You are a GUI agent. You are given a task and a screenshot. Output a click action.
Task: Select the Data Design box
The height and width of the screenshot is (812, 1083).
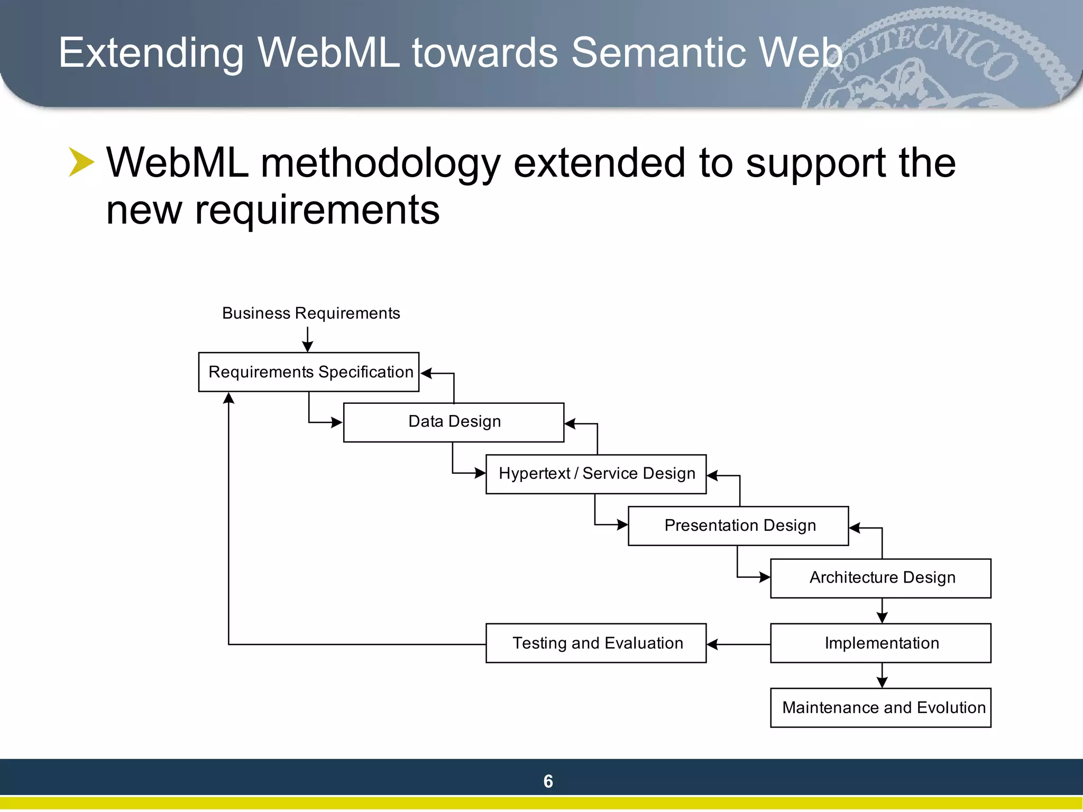pos(454,422)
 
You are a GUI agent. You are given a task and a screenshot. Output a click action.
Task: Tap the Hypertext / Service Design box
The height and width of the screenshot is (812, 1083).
pos(596,474)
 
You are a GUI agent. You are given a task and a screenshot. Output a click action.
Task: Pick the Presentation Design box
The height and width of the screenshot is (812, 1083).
pos(738,526)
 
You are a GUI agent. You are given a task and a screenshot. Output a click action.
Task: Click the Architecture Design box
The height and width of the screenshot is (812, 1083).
pos(880,578)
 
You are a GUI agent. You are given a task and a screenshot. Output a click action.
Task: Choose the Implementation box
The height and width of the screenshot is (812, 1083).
pos(880,643)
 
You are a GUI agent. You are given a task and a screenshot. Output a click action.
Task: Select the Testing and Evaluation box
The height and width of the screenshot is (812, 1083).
pos(596,643)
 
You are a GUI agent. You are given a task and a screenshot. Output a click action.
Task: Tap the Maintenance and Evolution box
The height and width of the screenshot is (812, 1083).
pos(880,708)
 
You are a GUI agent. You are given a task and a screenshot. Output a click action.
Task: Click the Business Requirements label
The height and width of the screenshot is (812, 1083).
pos(311,313)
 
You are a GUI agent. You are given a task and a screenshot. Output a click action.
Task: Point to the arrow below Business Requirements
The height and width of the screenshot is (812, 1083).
pos(308,339)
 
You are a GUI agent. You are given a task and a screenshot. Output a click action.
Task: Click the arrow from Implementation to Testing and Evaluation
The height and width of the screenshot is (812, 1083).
pos(738,644)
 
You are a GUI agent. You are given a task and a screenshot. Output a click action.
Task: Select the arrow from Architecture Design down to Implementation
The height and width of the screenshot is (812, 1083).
pos(882,611)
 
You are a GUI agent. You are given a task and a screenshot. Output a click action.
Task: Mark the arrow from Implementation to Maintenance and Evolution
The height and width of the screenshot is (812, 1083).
pos(882,676)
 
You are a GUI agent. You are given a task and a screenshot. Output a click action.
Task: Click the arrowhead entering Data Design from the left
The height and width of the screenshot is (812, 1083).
pos(336,422)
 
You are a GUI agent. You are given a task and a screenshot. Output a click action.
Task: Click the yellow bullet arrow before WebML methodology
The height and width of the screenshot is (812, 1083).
pos(81,162)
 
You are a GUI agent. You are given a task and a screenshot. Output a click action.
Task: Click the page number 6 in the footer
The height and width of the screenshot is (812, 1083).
pos(548,781)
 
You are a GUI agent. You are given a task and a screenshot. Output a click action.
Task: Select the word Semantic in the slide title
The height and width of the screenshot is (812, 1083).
pos(658,53)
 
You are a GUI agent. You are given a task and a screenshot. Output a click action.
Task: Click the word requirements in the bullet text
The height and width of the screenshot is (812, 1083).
pos(317,210)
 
